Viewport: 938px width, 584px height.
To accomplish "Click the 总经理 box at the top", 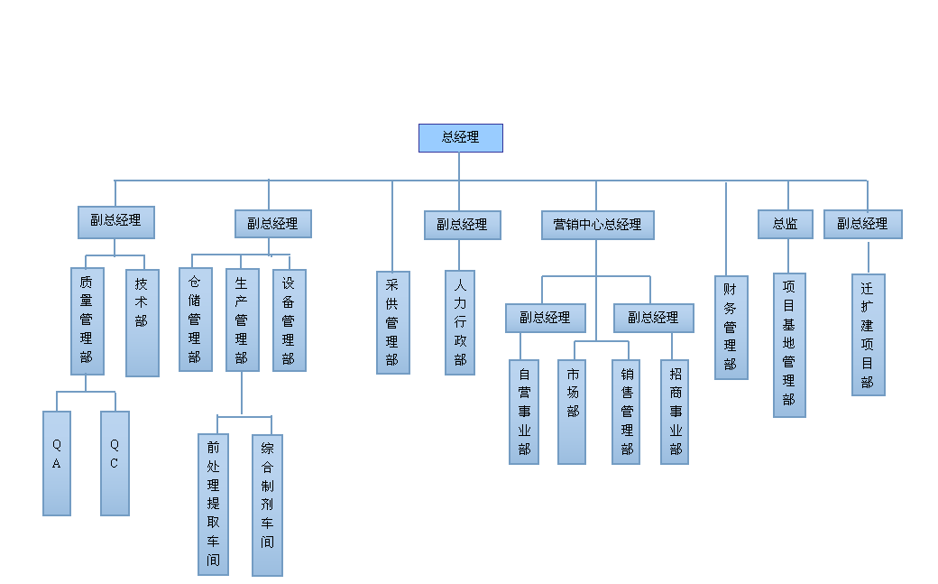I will click(x=460, y=138).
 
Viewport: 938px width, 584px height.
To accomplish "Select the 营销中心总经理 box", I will click(x=597, y=225).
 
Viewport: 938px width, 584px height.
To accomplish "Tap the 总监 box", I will click(x=785, y=224).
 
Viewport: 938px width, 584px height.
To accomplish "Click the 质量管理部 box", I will click(x=87, y=320).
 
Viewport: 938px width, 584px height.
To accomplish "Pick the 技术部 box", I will click(x=142, y=322).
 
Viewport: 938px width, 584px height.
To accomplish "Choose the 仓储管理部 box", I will click(x=195, y=320).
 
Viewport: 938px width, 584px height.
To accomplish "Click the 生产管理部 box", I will click(x=242, y=320).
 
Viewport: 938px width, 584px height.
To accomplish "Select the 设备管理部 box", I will click(x=289, y=320).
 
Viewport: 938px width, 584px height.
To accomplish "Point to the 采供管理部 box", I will click(x=392, y=322).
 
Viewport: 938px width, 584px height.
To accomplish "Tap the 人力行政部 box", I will click(x=460, y=322).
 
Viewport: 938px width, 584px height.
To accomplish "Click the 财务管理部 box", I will click(x=731, y=327).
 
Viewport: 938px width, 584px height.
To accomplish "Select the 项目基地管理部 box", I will click(x=789, y=345).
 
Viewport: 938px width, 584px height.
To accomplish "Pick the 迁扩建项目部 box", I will click(x=868, y=334).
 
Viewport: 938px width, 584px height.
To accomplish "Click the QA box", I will click(x=57, y=463).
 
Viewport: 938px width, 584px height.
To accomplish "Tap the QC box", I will click(x=115, y=463).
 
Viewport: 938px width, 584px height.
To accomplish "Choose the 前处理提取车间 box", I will click(x=213, y=504).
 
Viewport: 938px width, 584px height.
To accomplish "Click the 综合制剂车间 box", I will click(x=267, y=504).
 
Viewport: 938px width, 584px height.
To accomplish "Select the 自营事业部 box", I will click(x=524, y=412).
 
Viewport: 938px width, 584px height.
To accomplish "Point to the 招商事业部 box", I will click(x=675, y=412).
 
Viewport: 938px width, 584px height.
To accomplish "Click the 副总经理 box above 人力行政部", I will click(x=462, y=225).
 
